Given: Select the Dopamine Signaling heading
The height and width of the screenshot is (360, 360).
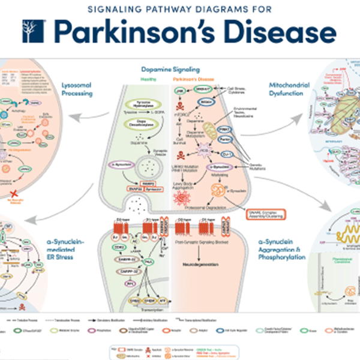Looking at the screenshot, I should [179, 69].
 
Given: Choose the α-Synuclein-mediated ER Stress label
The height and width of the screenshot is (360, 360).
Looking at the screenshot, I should [68, 248].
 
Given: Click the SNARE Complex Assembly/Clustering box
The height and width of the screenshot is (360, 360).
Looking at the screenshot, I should [265, 212].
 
